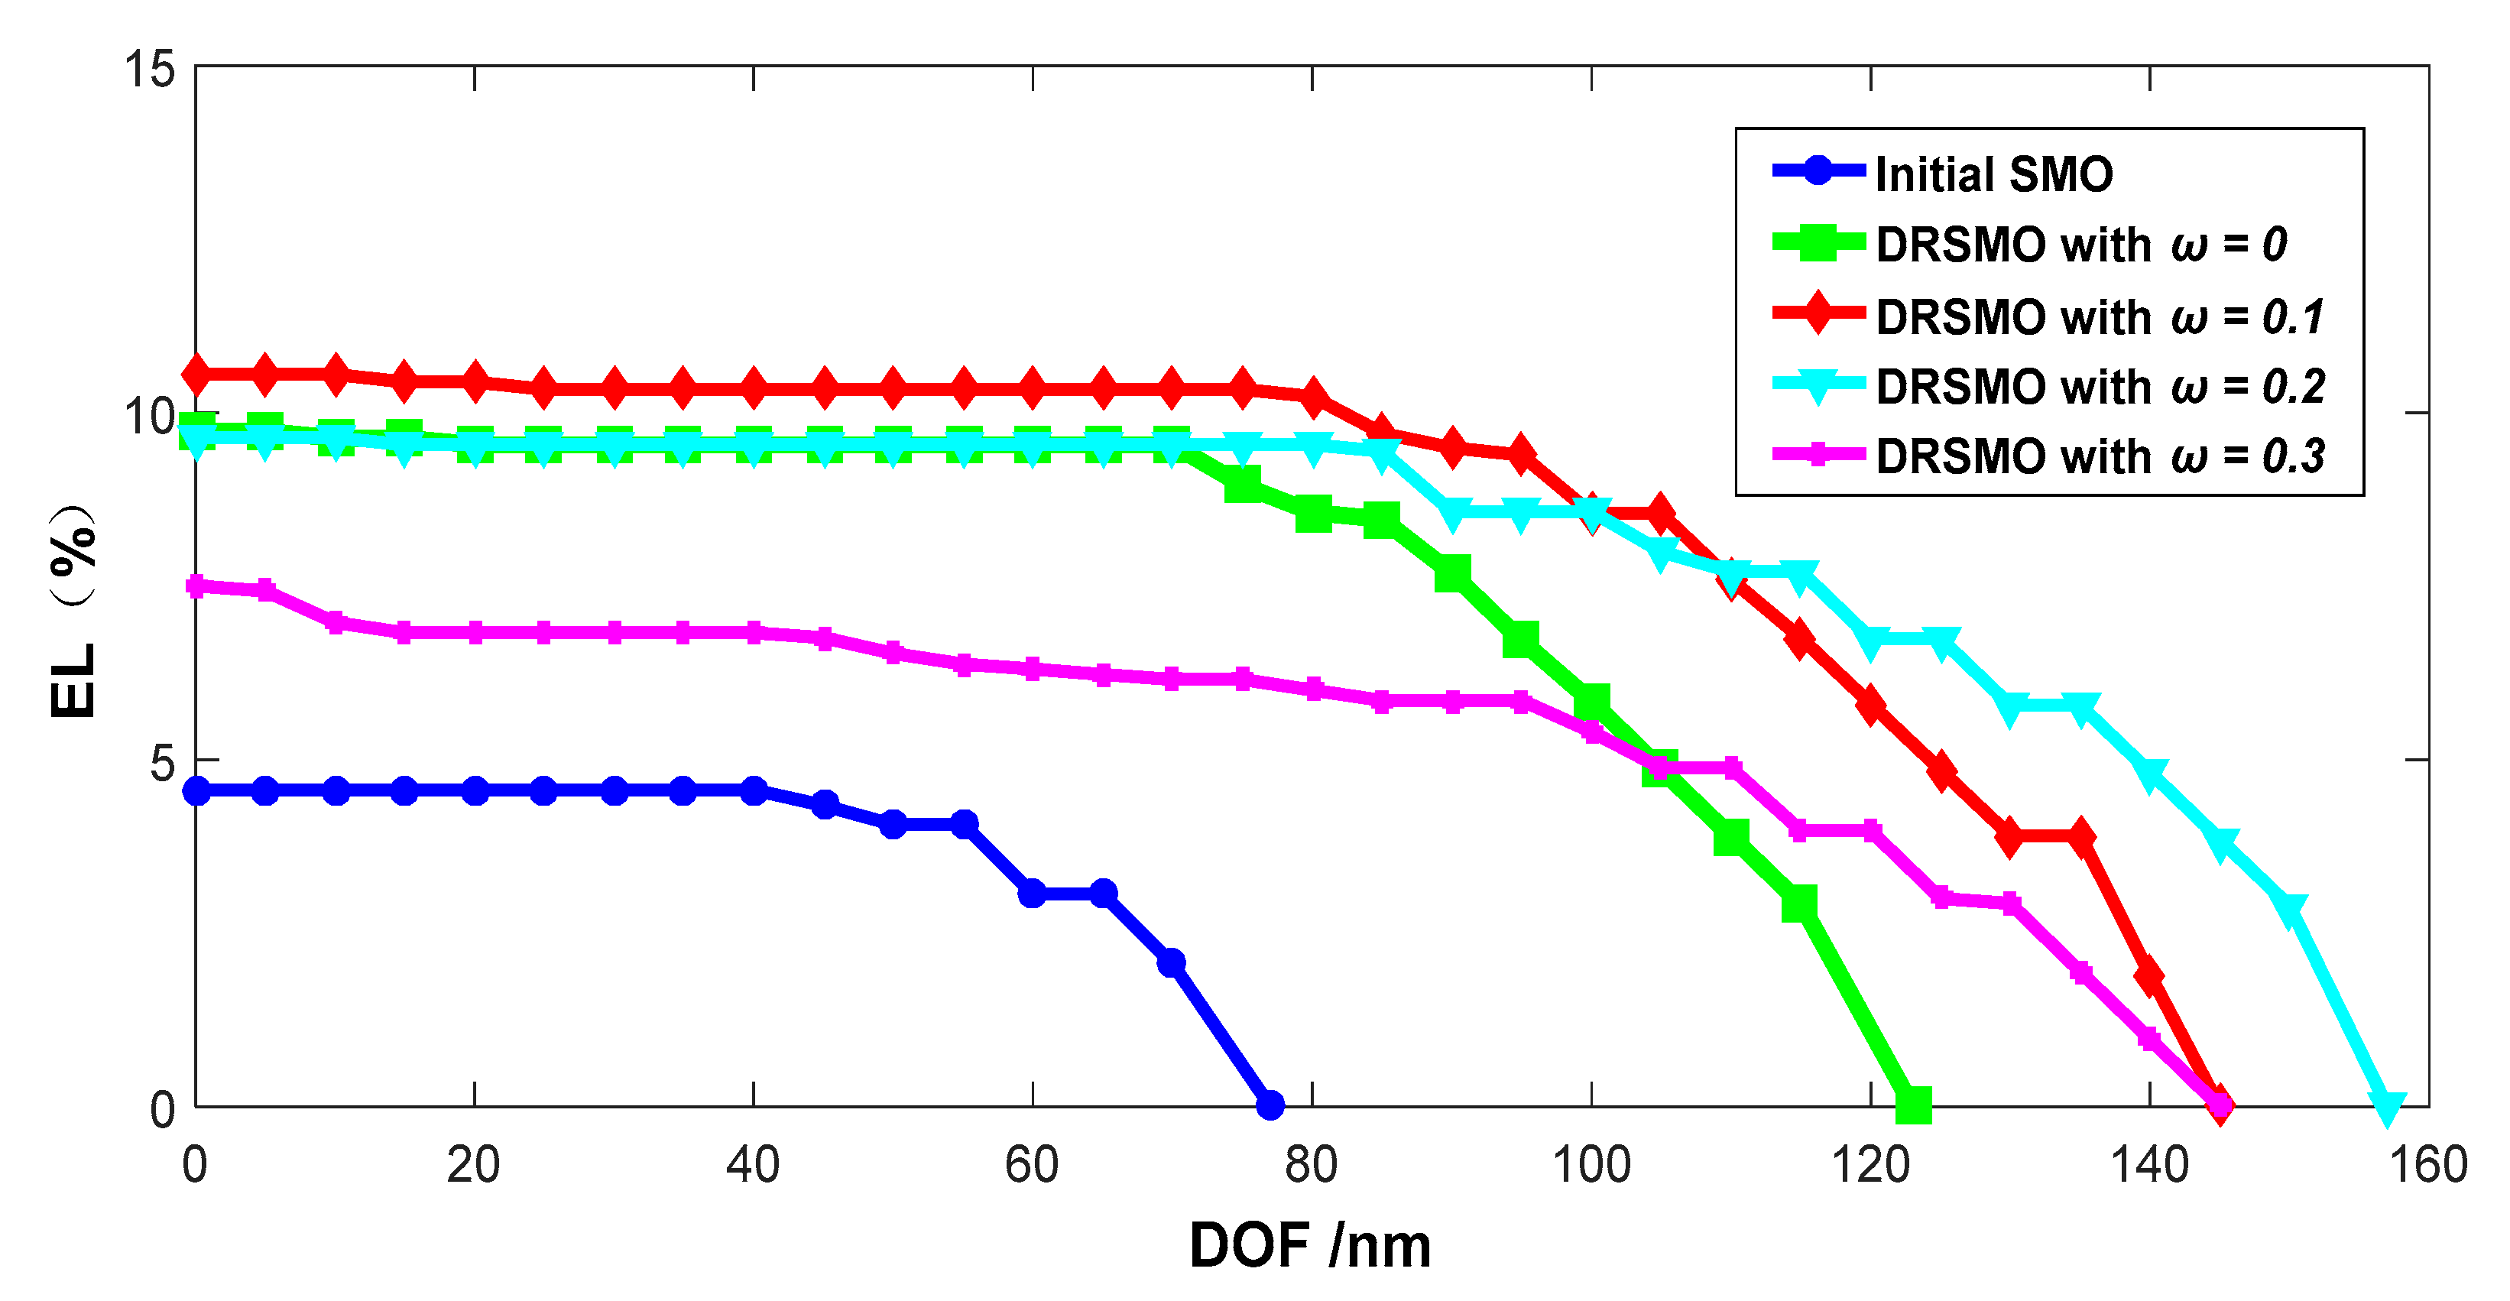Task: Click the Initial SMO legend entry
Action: (1993, 174)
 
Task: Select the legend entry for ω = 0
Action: (2080, 244)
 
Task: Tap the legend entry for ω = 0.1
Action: (2100, 316)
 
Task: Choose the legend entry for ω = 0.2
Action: (2100, 386)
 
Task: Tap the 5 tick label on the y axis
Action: (162, 762)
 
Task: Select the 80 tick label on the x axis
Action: (1311, 1165)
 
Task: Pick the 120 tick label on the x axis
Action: (1870, 1165)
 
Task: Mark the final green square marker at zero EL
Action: (1914, 1105)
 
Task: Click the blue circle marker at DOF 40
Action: (753, 790)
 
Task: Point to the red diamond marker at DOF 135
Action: (2080, 836)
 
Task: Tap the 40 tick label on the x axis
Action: (752, 1165)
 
